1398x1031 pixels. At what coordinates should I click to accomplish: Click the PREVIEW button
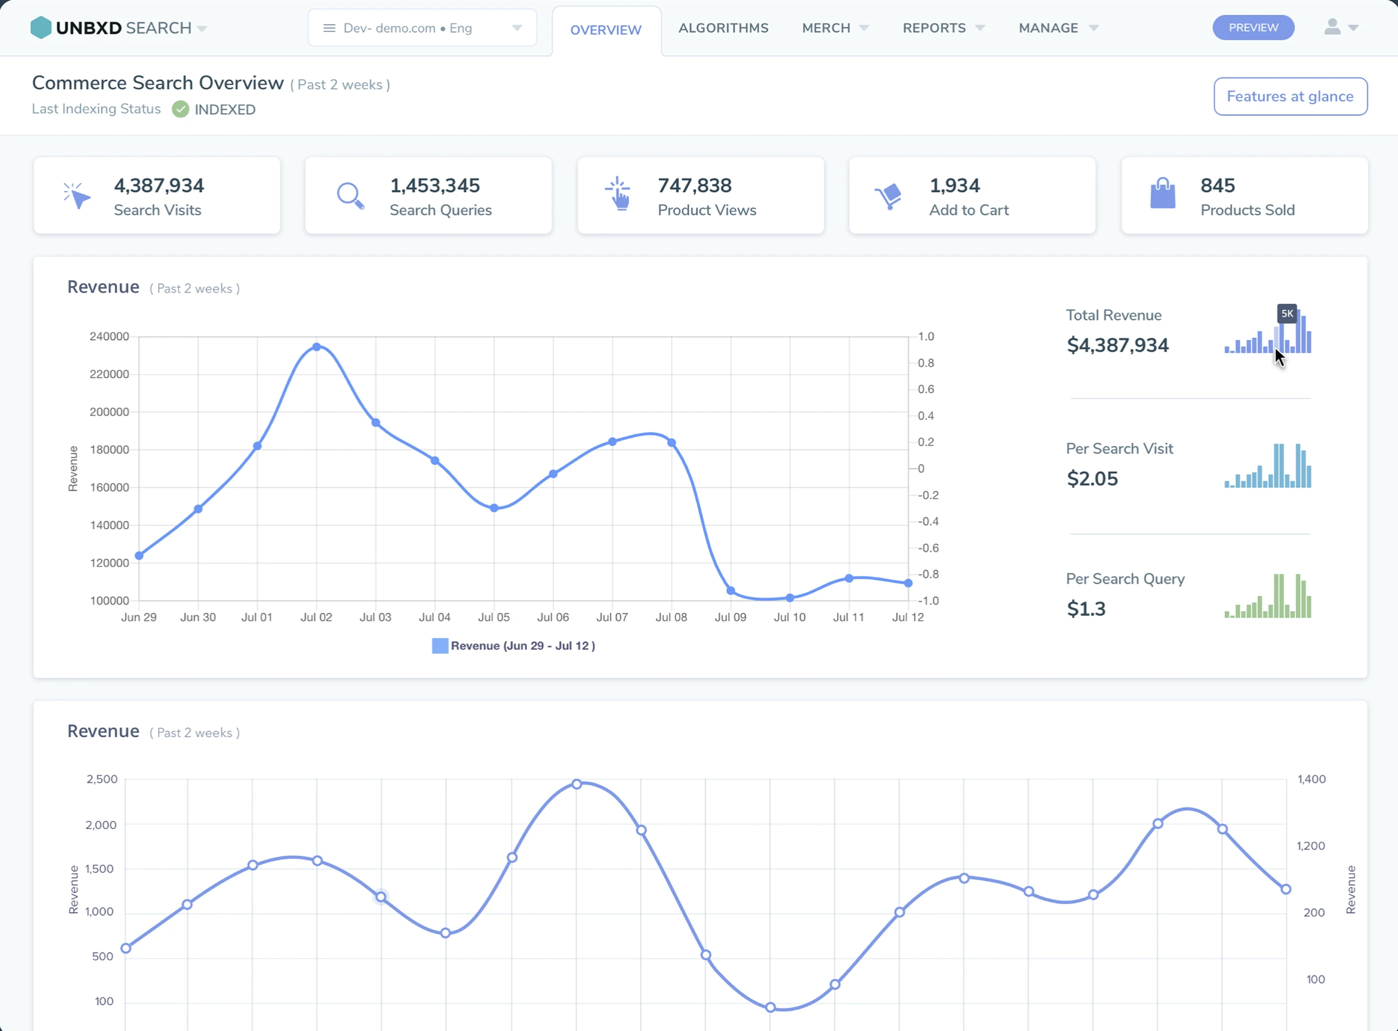pyautogui.click(x=1252, y=28)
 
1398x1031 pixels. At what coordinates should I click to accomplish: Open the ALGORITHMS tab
pyautogui.click(x=723, y=28)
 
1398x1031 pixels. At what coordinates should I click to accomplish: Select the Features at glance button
pyautogui.click(x=1290, y=97)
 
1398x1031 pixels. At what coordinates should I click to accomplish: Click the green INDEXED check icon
pyautogui.click(x=181, y=109)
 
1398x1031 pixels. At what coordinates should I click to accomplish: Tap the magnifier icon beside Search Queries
pyautogui.click(x=350, y=196)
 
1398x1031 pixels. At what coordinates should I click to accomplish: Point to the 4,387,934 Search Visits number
pyautogui.click(x=158, y=185)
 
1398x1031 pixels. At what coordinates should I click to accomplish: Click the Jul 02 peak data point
pyautogui.click(x=316, y=347)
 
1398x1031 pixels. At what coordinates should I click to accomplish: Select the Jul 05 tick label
pyautogui.click(x=494, y=617)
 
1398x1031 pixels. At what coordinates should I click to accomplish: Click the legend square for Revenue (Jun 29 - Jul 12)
pyautogui.click(x=440, y=646)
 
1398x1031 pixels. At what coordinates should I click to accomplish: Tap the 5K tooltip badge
pyautogui.click(x=1286, y=314)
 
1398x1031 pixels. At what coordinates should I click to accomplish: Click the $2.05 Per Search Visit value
pyautogui.click(x=1092, y=479)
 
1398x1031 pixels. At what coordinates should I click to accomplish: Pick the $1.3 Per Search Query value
pyautogui.click(x=1086, y=608)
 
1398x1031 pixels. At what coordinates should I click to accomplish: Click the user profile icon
pyautogui.click(x=1332, y=28)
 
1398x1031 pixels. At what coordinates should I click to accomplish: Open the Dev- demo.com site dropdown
pyautogui.click(x=422, y=28)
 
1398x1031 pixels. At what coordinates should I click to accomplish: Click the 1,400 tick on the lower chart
pyautogui.click(x=1311, y=779)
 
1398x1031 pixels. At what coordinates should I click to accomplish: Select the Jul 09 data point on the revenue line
pyautogui.click(x=730, y=591)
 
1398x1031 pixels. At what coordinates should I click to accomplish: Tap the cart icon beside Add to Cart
pyautogui.click(x=888, y=196)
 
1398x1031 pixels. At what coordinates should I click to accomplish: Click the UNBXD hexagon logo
pyautogui.click(x=41, y=28)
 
